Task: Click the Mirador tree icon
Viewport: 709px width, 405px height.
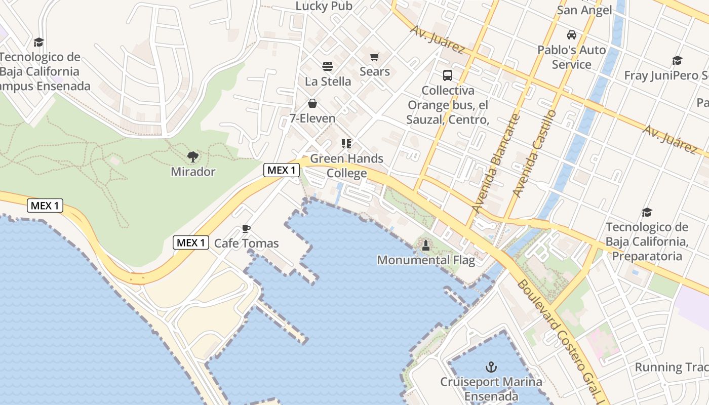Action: (192, 157)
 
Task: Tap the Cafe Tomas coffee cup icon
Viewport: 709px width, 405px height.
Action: (246, 229)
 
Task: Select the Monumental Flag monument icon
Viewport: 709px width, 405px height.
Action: (426, 246)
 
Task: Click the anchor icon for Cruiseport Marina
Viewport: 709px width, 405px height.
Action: (490, 367)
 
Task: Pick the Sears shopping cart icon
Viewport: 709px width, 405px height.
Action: (374, 57)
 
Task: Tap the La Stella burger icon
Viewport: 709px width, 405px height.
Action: (328, 66)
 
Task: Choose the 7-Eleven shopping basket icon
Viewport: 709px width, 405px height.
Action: (312, 104)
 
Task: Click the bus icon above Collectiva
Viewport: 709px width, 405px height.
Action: (448, 75)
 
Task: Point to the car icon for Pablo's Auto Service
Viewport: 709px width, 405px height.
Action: (571, 35)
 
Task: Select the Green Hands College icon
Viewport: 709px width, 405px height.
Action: (346, 144)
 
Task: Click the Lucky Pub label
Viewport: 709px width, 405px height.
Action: (324, 6)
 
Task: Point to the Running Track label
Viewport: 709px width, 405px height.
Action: (672, 367)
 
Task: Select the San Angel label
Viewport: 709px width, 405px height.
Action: (584, 10)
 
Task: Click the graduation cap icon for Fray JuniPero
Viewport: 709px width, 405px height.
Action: (677, 61)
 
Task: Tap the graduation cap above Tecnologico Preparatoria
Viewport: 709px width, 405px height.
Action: (647, 212)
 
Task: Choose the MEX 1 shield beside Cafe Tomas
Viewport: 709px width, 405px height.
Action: (191, 242)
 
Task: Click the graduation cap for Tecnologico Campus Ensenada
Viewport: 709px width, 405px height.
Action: (38, 42)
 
